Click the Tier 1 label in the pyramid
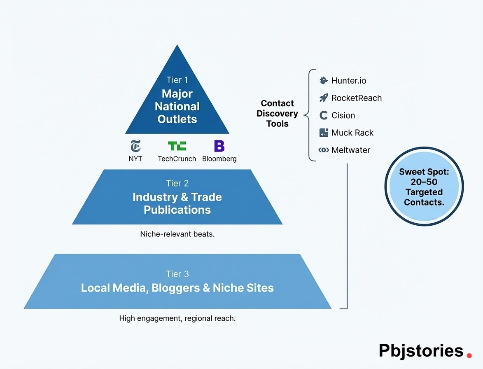coord(177,80)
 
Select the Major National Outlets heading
coord(177,107)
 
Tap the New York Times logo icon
coord(135,146)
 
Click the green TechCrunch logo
coord(177,146)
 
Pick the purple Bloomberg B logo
coord(219,146)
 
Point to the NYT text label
coord(135,159)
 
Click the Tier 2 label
coord(177,183)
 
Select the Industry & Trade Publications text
coord(177,203)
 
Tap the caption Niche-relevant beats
coord(177,234)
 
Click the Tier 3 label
coord(177,274)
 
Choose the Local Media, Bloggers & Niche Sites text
coord(177,288)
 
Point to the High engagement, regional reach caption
coord(177,318)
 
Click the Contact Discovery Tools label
coord(277,114)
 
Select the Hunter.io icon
coord(324,81)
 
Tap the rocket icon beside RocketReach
coord(324,98)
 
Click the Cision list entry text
coord(343,115)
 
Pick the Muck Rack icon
coord(324,133)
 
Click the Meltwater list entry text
coord(350,150)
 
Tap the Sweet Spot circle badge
coord(424,187)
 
